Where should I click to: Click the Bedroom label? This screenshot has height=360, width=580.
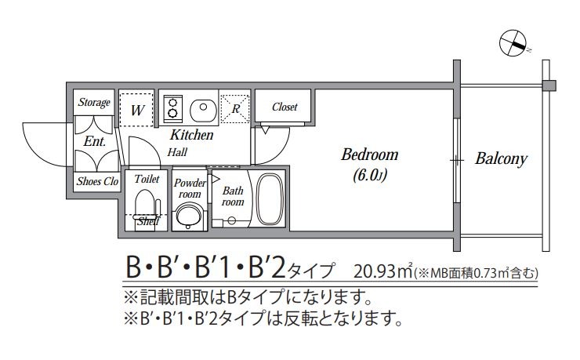(x=369, y=155)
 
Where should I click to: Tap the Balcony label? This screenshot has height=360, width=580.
(x=501, y=158)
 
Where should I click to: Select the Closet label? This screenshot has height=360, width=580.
(x=285, y=107)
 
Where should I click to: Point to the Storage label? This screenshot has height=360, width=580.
(x=94, y=102)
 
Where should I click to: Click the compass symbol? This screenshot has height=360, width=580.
(x=513, y=43)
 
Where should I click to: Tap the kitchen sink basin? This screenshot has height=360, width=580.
(x=203, y=110)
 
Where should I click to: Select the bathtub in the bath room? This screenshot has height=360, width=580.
(x=270, y=199)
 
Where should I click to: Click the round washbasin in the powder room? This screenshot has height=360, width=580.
(x=189, y=216)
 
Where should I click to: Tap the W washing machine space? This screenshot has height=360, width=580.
(x=136, y=110)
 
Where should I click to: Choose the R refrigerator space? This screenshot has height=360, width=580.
(x=235, y=109)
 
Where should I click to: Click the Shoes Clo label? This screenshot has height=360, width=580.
(x=97, y=181)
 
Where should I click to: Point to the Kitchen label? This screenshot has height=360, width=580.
(x=191, y=135)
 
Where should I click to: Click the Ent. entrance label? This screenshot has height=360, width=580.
(x=95, y=141)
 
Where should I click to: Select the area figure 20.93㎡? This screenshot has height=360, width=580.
(x=383, y=271)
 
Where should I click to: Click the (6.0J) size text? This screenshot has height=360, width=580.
(x=369, y=175)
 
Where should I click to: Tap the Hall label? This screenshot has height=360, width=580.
(x=177, y=152)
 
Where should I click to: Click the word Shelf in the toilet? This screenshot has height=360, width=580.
(x=148, y=222)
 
